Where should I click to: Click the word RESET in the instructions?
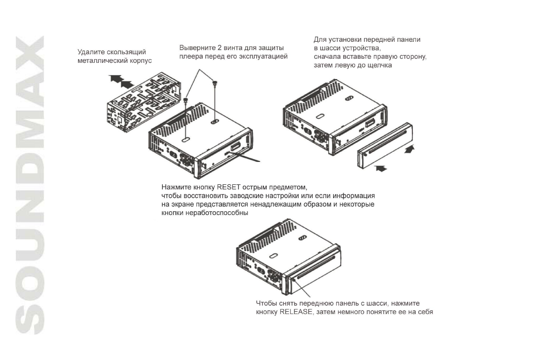pos(229,187)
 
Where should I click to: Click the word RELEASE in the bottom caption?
pos(296,312)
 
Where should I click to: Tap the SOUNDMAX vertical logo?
pos(29,185)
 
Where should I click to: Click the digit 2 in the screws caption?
pos(220,48)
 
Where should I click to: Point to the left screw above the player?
pos(186,101)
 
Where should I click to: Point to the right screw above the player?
pos(215,83)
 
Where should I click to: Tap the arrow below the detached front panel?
pos(381,168)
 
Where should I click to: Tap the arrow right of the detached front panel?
pos(410,149)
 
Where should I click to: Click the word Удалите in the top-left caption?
pos(91,52)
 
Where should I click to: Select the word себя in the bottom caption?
pos(425,312)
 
